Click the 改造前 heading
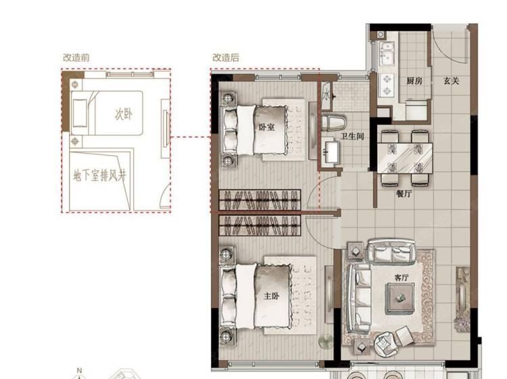point(76,58)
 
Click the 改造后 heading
point(226,58)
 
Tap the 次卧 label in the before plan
point(124,114)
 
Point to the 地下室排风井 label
point(99,176)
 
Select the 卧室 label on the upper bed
point(267,127)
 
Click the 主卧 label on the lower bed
point(271,296)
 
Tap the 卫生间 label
point(352,136)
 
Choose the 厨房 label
point(414,81)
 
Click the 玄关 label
point(451,81)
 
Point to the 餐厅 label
point(404,194)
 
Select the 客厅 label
point(402,277)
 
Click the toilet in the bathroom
point(334,122)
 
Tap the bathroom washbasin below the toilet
point(331,151)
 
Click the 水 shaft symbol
point(326,95)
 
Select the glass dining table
point(405,158)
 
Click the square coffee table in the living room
point(400,298)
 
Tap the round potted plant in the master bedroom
point(326,341)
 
